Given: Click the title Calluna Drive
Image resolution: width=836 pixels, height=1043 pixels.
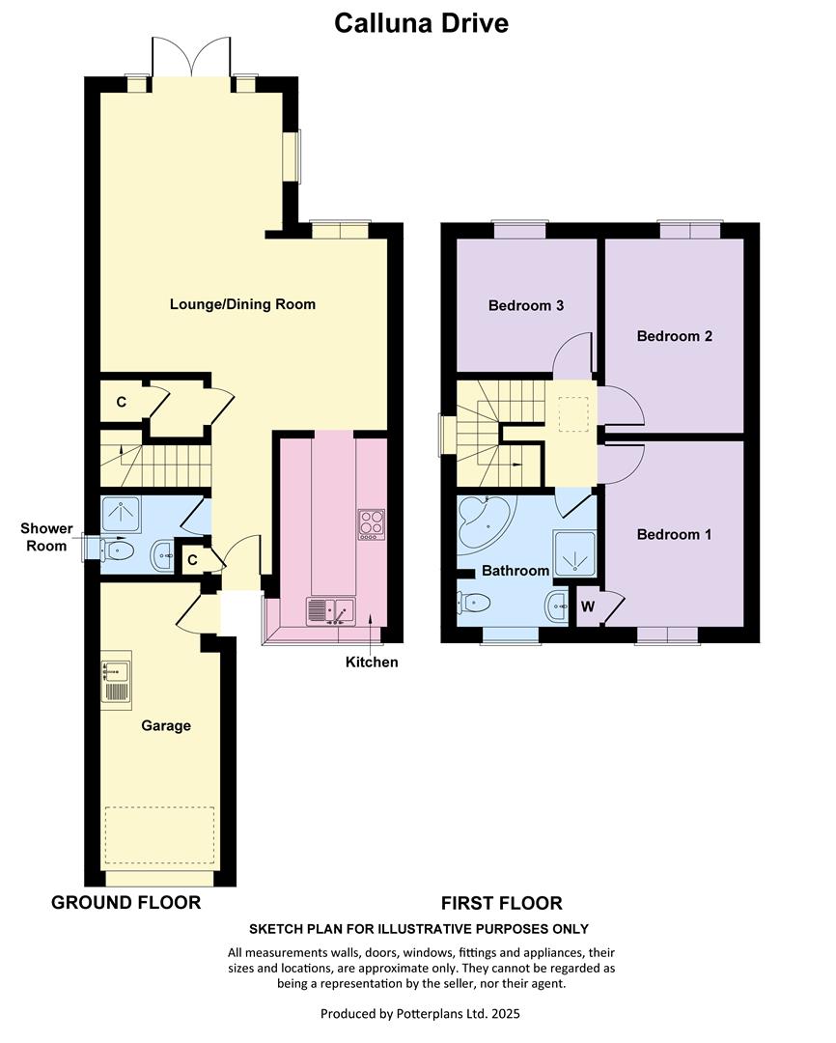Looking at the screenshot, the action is pyautogui.click(x=421, y=23).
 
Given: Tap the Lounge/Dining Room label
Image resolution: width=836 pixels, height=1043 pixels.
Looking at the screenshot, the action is pyautogui.click(x=242, y=304).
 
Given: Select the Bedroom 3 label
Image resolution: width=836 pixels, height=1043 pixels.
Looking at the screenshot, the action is pyautogui.click(x=526, y=306).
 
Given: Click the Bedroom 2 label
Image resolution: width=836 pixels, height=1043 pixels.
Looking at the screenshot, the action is pyautogui.click(x=675, y=337).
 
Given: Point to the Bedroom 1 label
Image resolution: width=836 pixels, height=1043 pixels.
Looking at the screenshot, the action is pyautogui.click(x=675, y=535).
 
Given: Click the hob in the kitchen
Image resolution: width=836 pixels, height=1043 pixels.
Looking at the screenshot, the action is pyautogui.click(x=371, y=524).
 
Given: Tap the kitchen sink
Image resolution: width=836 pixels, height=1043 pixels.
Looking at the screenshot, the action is pyautogui.click(x=330, y=611).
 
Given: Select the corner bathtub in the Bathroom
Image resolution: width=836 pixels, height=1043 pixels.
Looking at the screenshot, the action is pyautogui.click(x=485, y=522).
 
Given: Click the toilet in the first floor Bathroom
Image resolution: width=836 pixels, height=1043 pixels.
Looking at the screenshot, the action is pyautogui.click(x=474, y=603).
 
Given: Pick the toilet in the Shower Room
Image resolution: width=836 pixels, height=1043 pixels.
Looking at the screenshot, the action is pyautogui.click(x=117, y=550).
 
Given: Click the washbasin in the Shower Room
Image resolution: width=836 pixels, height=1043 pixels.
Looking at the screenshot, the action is pyautogui.click(x=162, y=554).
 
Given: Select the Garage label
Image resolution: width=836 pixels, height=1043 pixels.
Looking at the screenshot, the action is pyautogui.click(x=166, y=725).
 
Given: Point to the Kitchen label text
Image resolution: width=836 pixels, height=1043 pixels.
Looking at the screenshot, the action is pyautogui.click(x=372, y=662).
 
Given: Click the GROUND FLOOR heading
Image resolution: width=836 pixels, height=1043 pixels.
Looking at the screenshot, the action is pyautogui.click(x=126, y=903).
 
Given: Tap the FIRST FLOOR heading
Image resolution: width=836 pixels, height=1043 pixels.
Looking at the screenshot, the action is pyautogui.click(x=501, y=903).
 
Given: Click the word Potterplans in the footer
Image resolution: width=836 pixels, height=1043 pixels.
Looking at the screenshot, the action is pyautogui.click(x=432, y=1014).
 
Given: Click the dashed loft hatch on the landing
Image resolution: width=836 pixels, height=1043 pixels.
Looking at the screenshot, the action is pyautogui.click(x=573, y=413).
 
